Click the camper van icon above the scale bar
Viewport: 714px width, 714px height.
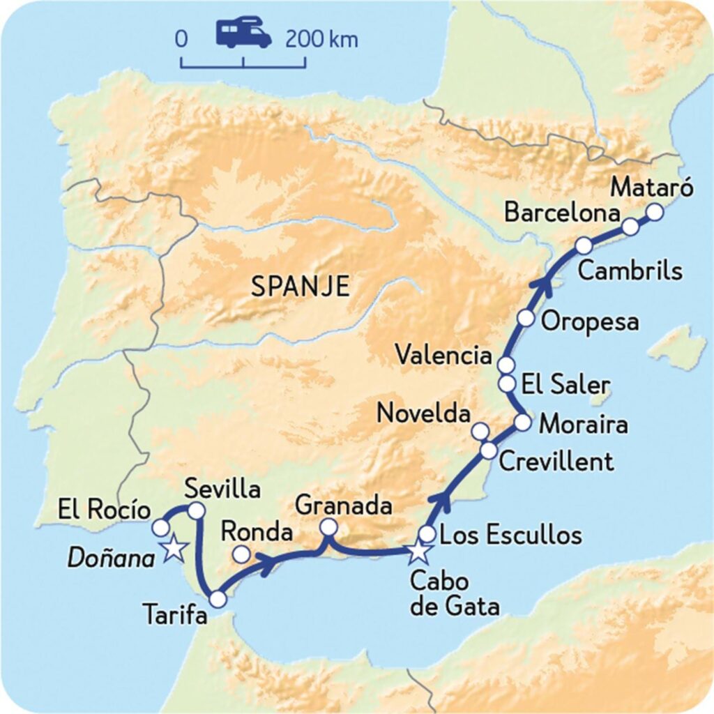243,34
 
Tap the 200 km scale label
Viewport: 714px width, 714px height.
321,39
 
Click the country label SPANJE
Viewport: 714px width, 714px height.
300,287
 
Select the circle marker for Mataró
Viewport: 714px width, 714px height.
654,212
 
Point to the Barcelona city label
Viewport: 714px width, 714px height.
562,213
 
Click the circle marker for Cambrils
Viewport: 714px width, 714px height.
584,245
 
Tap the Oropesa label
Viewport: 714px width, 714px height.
590,322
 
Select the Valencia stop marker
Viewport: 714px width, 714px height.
506,365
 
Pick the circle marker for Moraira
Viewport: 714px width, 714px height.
523,423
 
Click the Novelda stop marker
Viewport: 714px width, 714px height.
480,431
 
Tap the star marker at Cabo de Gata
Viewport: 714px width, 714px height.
418,552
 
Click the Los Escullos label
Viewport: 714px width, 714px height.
512,535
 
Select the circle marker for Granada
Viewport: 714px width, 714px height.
328,528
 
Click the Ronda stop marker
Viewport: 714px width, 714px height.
241,554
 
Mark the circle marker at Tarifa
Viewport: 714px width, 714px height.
218,599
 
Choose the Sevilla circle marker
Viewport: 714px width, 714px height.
197,511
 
